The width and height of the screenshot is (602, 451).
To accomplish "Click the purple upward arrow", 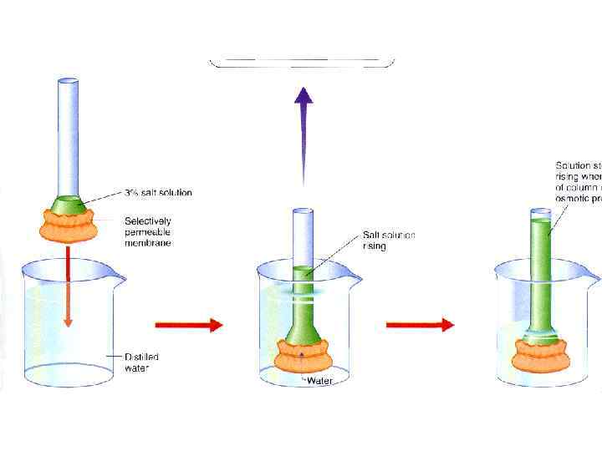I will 304,134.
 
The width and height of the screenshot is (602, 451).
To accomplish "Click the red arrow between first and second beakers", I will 189,324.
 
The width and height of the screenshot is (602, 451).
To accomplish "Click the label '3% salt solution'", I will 158,193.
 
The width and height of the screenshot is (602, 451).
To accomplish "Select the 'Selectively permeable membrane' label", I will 148,231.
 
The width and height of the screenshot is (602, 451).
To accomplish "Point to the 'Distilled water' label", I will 141,362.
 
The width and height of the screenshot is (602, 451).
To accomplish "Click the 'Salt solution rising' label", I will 389,241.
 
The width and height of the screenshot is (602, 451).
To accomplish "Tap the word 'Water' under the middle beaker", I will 320,381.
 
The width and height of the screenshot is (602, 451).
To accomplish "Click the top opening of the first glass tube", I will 69,82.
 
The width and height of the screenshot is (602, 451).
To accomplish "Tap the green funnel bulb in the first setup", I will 69,204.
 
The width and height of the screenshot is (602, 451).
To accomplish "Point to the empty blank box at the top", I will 301,62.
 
